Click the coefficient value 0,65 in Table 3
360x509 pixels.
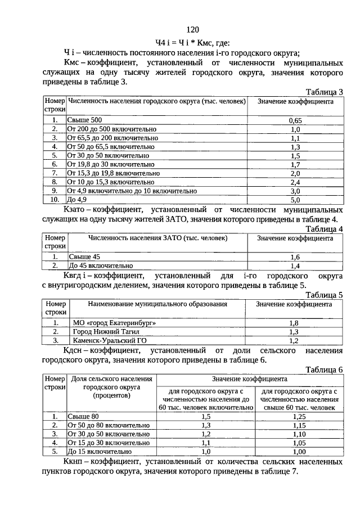[295, 120]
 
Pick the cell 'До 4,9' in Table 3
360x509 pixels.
[78, 199]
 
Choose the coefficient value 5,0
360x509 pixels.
[295, 199]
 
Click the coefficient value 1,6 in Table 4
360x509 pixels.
[295, 256]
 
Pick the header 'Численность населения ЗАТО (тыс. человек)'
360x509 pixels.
[157, 238]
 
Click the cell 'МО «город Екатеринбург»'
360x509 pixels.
[112, 323]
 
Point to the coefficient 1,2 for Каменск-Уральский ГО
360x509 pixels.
[294, 340]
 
